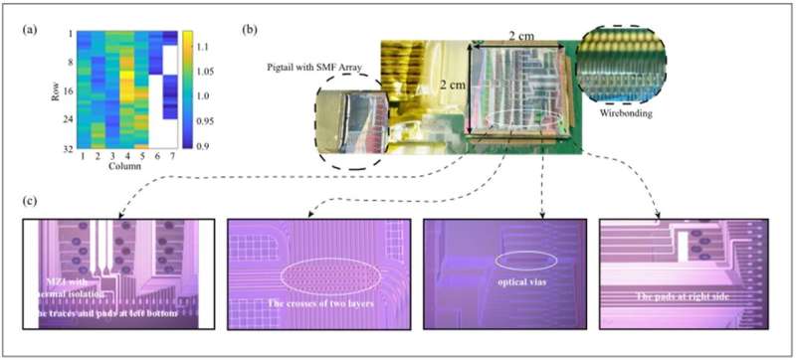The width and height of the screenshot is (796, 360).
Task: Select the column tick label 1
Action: (78, 159)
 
